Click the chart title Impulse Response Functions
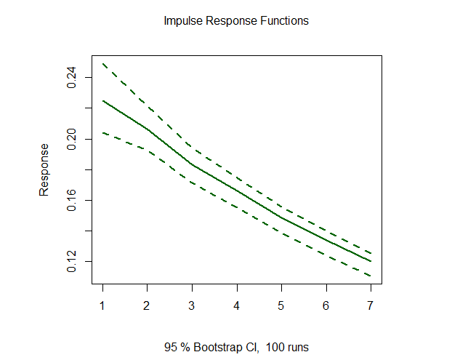pos(236,20)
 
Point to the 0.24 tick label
pos(73,77)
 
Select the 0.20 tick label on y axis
pos(73,138)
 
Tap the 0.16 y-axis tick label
pos(73,200)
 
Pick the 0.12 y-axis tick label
pos(73,261)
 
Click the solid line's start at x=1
pos(102,100)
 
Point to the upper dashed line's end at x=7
pos(371,252)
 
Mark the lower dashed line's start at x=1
pos(102,132)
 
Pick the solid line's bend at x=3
pos(193,165)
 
